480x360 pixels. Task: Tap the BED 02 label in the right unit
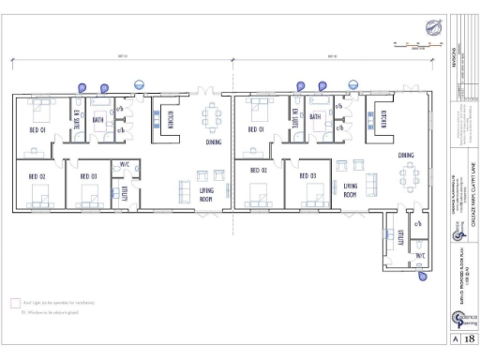click(x=257, y=171)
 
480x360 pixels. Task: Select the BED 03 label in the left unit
click(x=88, y=175)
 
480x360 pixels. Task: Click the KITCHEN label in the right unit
click(x=383, y=119)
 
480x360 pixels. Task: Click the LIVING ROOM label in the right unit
click(x=350, y=191)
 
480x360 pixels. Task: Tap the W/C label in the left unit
click(x=124, y=165)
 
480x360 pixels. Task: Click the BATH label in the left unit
click(x=98, y=120)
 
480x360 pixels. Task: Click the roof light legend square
click(x=15, y=303)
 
